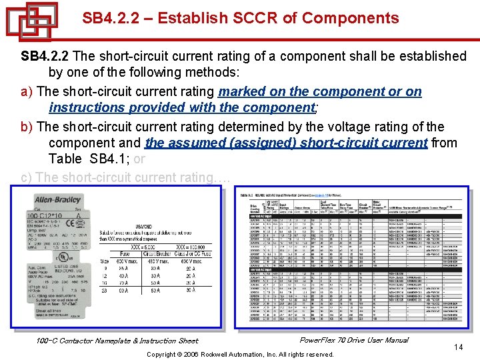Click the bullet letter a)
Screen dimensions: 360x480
pos(27,91)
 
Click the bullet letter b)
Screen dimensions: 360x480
pos(27,127)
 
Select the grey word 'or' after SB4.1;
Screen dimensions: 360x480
pos(139,159)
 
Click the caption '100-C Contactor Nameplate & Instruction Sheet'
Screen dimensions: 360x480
pos(117,341)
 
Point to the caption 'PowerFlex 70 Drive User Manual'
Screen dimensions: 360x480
pos(354,340)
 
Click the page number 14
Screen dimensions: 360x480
pos(458,347)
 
